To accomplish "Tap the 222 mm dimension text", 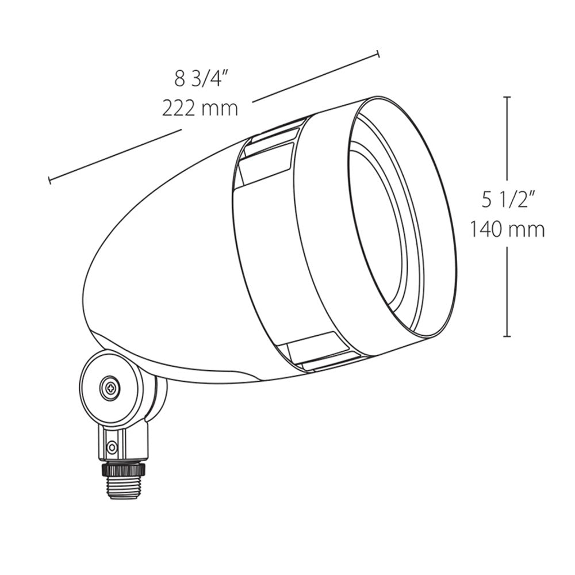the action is coord(200,109).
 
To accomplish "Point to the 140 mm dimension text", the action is coord(507,230).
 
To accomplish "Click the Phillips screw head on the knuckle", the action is coord(109,387).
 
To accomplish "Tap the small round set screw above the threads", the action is coord(111,447).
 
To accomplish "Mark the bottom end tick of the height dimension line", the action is coord(507,336).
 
